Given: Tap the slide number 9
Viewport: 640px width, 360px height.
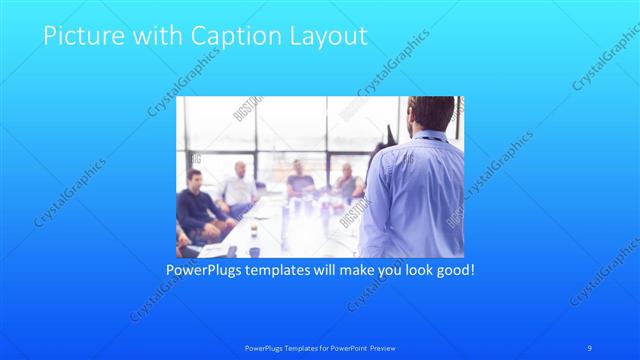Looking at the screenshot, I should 590,347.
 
